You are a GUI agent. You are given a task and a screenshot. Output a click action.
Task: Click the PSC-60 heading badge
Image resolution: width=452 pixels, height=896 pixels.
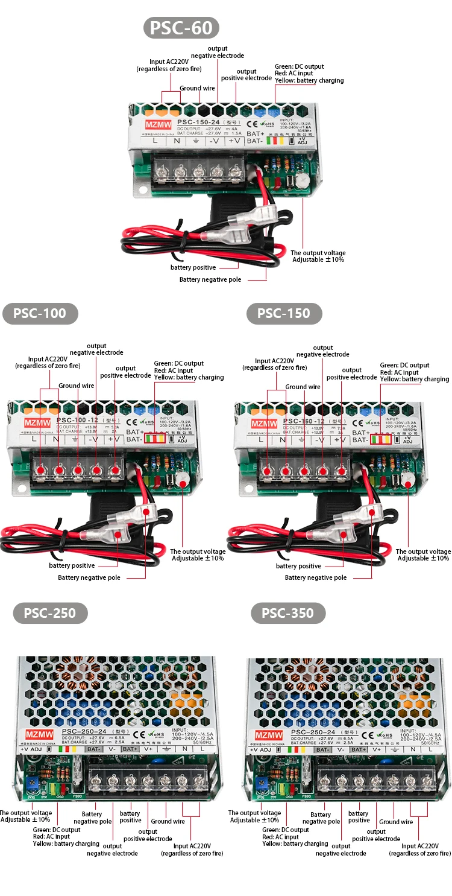tap(181, 28)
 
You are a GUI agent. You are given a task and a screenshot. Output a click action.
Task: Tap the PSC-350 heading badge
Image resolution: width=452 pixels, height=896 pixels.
tap(287, 614)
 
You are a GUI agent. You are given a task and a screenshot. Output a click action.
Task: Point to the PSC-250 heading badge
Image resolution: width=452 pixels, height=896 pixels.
tap(50, 614)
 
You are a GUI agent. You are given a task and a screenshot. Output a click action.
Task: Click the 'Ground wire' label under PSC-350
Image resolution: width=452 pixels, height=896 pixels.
tap(396, 822)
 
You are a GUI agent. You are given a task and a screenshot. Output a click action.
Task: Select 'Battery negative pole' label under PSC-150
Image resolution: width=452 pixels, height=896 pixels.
tap(316, 577)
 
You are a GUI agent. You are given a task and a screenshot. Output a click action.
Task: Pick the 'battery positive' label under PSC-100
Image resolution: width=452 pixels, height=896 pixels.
tap(72, 565)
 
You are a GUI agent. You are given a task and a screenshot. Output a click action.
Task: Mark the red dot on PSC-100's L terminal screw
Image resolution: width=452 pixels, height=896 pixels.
tap(40, 469)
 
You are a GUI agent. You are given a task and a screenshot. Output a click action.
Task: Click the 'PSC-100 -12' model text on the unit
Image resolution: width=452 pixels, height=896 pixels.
tap(78, 420)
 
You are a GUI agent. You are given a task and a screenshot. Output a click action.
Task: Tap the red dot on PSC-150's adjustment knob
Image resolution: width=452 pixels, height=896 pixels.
tap(409, 477)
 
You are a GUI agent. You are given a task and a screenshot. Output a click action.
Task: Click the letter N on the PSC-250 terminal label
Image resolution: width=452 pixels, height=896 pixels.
tap(184, 749)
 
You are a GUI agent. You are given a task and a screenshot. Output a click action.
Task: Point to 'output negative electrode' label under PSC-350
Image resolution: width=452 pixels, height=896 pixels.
tap(341, 850)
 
